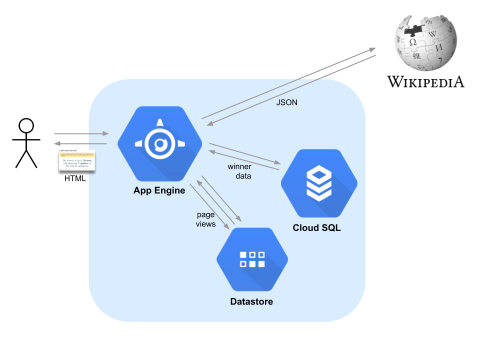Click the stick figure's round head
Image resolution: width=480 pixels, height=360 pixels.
click(25, 125)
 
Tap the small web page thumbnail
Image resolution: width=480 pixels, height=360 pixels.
click(77, 159)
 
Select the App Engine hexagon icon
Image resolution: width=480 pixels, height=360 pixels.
click(159, 144)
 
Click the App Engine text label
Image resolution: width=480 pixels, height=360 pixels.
click(159, 190)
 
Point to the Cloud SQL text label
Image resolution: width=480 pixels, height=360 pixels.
click(316, 228)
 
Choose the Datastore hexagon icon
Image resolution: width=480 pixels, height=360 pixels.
click(252, 259)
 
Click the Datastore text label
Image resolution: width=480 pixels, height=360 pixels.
click(251, 301)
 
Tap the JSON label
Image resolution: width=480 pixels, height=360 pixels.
click(286, 102)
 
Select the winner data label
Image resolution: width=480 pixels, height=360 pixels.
click(239, 171)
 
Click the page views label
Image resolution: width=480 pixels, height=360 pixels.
click(205, 219)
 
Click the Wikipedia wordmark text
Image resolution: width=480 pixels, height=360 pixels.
click(426, 81)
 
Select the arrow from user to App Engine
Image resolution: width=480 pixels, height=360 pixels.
click(81, 133)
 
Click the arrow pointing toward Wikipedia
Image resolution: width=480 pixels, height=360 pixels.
click(289, 83)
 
